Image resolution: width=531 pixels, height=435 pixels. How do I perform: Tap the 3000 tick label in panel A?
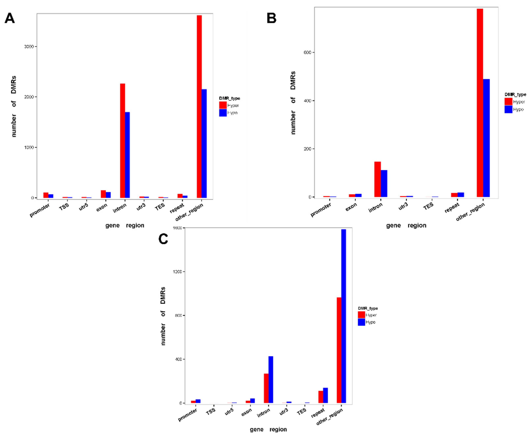pos(29,47)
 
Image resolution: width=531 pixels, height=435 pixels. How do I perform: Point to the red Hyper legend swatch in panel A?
pos(223,105)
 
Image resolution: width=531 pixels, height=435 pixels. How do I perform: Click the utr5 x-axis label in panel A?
pos(84,207)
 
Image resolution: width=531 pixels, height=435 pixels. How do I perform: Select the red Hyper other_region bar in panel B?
pos(480,103)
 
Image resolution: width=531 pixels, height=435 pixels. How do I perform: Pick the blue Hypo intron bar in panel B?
pos(384,183)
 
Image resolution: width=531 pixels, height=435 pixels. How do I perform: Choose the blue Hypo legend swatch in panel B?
pos(508,109)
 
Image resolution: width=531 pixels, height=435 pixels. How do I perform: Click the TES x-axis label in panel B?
pos(428,206)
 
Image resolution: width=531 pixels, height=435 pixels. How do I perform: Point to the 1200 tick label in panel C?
pos(177,272)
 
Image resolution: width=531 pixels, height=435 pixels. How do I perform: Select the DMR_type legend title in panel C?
pos(368,308)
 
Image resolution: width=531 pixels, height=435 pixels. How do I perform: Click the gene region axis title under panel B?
pos(406,225)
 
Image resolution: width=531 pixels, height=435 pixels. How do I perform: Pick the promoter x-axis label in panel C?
pos(187,415)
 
